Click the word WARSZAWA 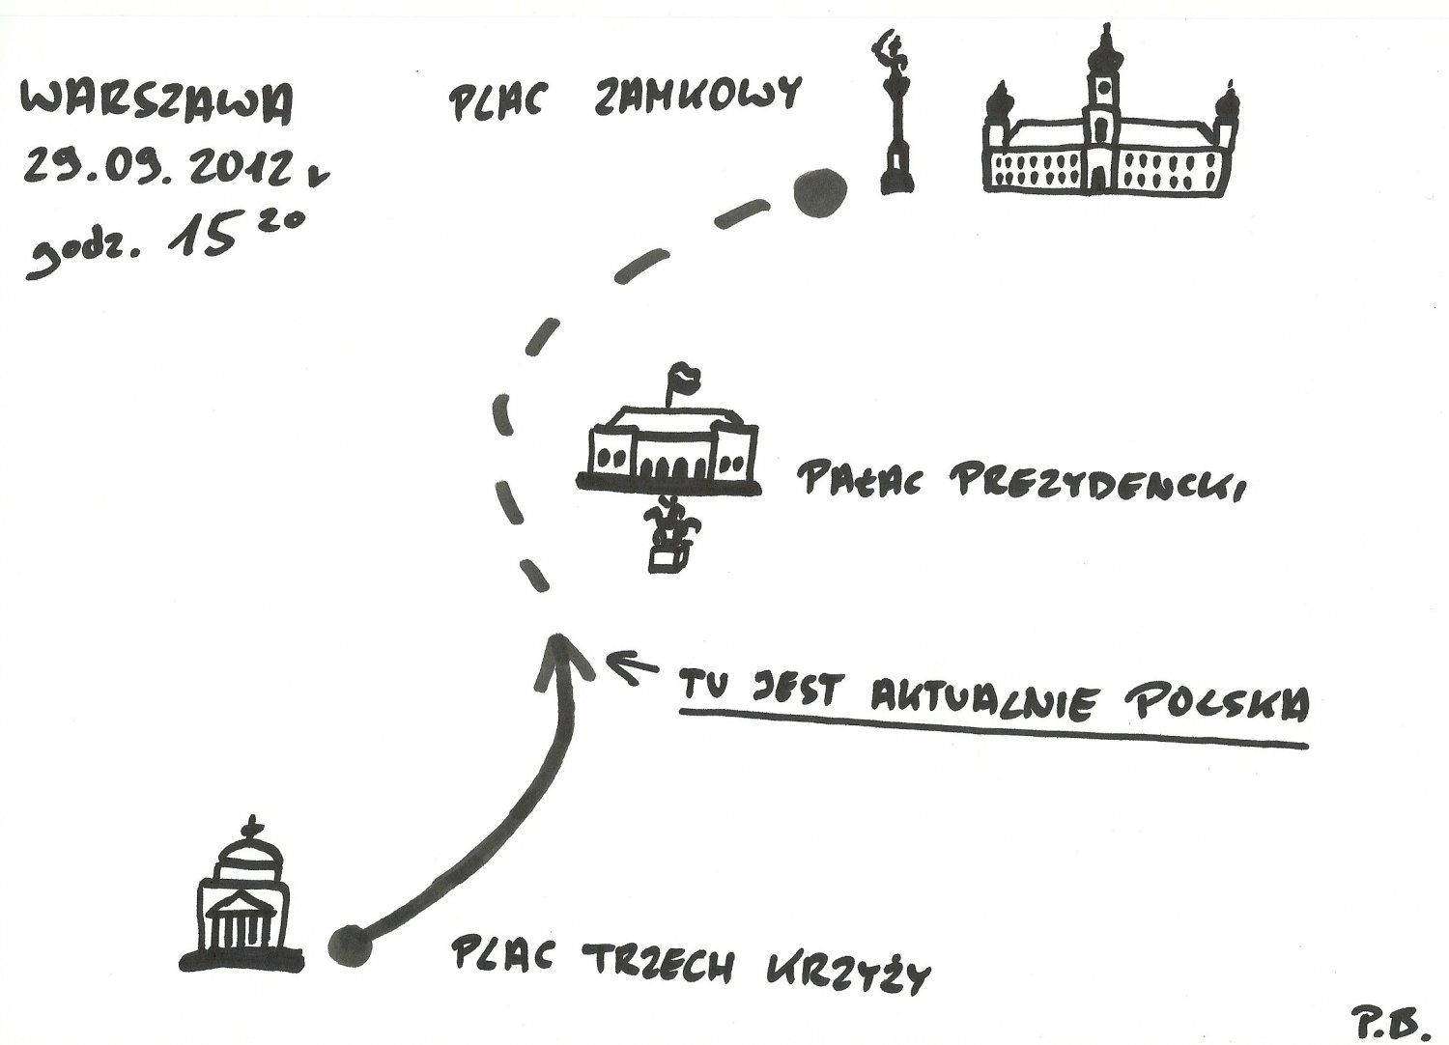click(156, 105)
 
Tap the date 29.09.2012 click(159, 170)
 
